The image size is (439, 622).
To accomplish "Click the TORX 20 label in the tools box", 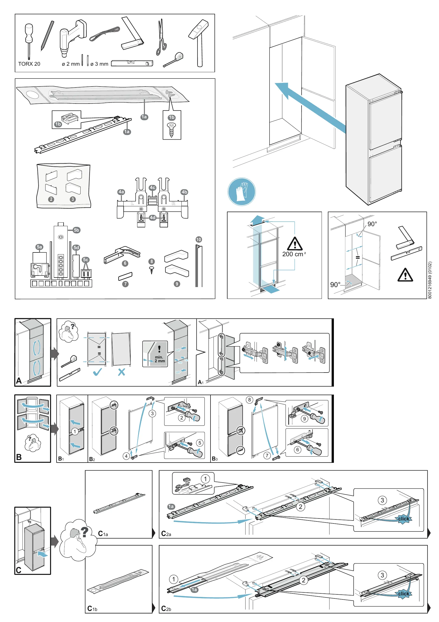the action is (x=29, y=64).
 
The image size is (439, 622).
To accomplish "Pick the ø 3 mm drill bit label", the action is (x=99, y=64).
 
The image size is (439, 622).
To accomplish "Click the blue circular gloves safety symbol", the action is (x=242, y=192).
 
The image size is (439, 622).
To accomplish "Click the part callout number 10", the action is (x=198, y=239).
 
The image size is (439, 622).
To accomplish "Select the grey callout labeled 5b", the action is (x=77, y=230).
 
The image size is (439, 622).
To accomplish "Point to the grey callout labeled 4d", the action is (x=153, y=218).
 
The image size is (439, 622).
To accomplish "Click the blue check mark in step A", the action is (x=97, y=372).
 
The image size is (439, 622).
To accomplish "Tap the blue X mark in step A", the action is (x=121, y=372).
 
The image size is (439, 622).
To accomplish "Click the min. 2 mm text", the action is (x=159, y=359).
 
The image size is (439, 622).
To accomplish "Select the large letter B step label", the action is (x=19, y=457).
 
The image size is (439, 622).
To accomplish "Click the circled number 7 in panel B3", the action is (x=267, y=455).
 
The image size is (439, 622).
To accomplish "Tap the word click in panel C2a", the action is (x=403, y=519).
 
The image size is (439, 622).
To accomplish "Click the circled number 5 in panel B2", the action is (x=200, y=443).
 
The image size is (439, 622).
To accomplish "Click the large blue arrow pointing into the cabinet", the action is (x=310, y=108).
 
